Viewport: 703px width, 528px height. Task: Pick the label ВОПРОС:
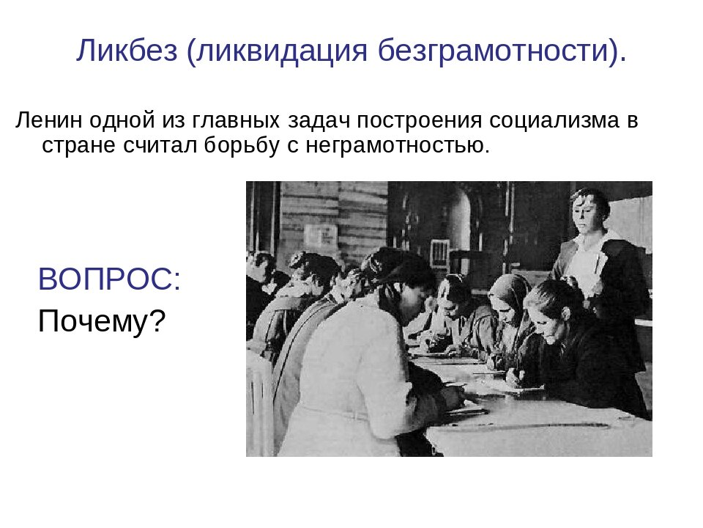point(109,279)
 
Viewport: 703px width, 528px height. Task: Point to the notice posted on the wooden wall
point(321,234)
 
